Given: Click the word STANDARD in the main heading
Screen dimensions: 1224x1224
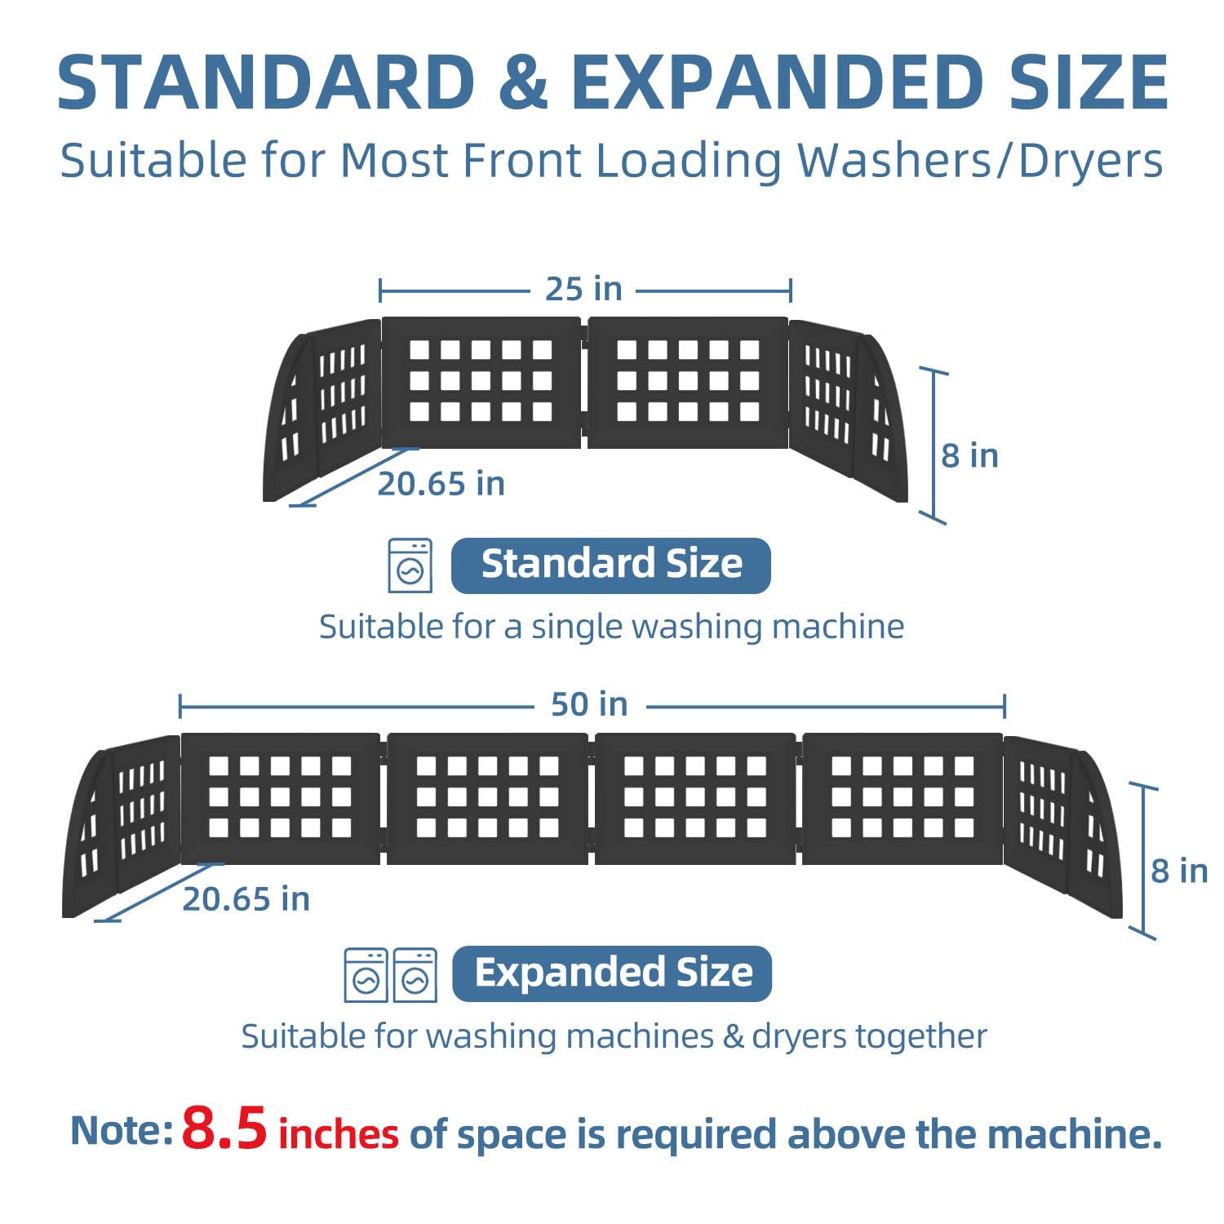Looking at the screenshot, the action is click(x=266, y=82).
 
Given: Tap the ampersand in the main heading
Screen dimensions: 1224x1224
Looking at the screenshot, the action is click(x=522, y=82).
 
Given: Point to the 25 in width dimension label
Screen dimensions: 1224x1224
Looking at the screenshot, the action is click(x=583, y=289).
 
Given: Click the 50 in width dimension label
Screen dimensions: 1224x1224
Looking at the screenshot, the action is click(x=589, y=704).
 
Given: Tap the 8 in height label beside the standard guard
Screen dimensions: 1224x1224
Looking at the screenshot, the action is click(x=969, y=455).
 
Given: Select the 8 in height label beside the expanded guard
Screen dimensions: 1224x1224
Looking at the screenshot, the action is click(x=1179, y=871).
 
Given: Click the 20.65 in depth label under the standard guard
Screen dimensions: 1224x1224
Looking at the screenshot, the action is click(x=441, y=484).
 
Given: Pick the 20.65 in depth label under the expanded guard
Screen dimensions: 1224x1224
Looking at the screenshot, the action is click(x=246, y=899).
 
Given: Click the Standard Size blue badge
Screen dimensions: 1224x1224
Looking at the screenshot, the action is click(x=611, y=565).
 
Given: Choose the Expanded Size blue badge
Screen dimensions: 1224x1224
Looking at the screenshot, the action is click(x=612, y=973).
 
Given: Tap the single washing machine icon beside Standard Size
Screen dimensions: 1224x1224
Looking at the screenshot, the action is click(x=410, y=565).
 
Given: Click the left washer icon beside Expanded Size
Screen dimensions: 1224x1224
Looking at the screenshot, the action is click(x=366, y=974).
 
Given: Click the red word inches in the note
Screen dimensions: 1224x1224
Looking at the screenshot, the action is click(x=339, y=1134).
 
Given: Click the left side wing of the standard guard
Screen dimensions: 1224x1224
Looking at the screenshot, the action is click(x=321, y=410).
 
